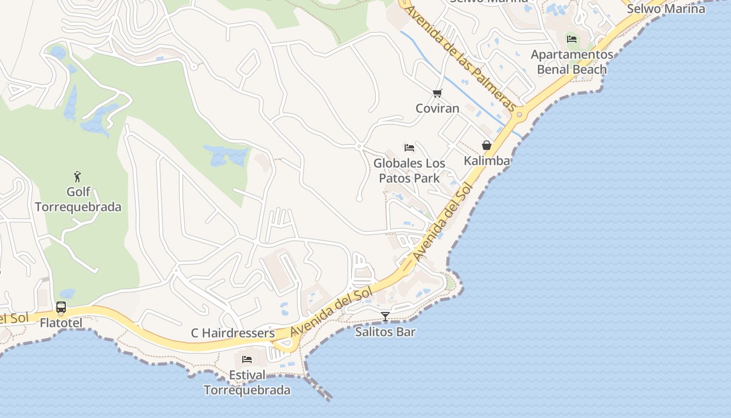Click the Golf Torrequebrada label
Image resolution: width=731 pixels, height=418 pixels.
coord(78,200)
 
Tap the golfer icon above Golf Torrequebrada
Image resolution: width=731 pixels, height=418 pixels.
coord(78,177)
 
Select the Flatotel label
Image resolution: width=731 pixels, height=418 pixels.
coord(61,323)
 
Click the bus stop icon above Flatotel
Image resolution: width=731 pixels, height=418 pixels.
coord(61,307)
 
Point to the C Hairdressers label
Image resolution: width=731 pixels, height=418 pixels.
coord(233,333)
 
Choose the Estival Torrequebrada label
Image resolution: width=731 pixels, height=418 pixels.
coord(247,382)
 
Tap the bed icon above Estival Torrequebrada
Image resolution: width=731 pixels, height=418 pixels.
coord(247,359)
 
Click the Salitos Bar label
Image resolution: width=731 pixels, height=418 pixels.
coord(385,332)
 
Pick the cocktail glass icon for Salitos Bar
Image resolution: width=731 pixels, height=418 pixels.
coord(385,316)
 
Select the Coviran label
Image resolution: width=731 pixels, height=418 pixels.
coord(438,109)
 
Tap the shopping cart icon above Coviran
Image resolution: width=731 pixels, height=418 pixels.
coord(438,94)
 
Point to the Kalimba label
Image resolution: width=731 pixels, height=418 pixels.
coord(487,161)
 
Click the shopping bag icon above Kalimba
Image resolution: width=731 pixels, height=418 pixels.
coord(487,145)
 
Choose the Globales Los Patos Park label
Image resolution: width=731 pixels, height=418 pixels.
coord(409,171)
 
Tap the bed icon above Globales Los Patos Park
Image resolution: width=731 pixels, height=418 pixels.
coord(409,148)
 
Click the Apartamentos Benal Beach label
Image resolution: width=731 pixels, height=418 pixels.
coord(572,62)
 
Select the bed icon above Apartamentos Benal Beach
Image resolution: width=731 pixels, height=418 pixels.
coord(572,39)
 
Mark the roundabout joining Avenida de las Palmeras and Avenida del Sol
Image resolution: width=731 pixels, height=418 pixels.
coord(519,114)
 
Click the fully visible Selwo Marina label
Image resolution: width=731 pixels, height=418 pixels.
coord(666,9)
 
